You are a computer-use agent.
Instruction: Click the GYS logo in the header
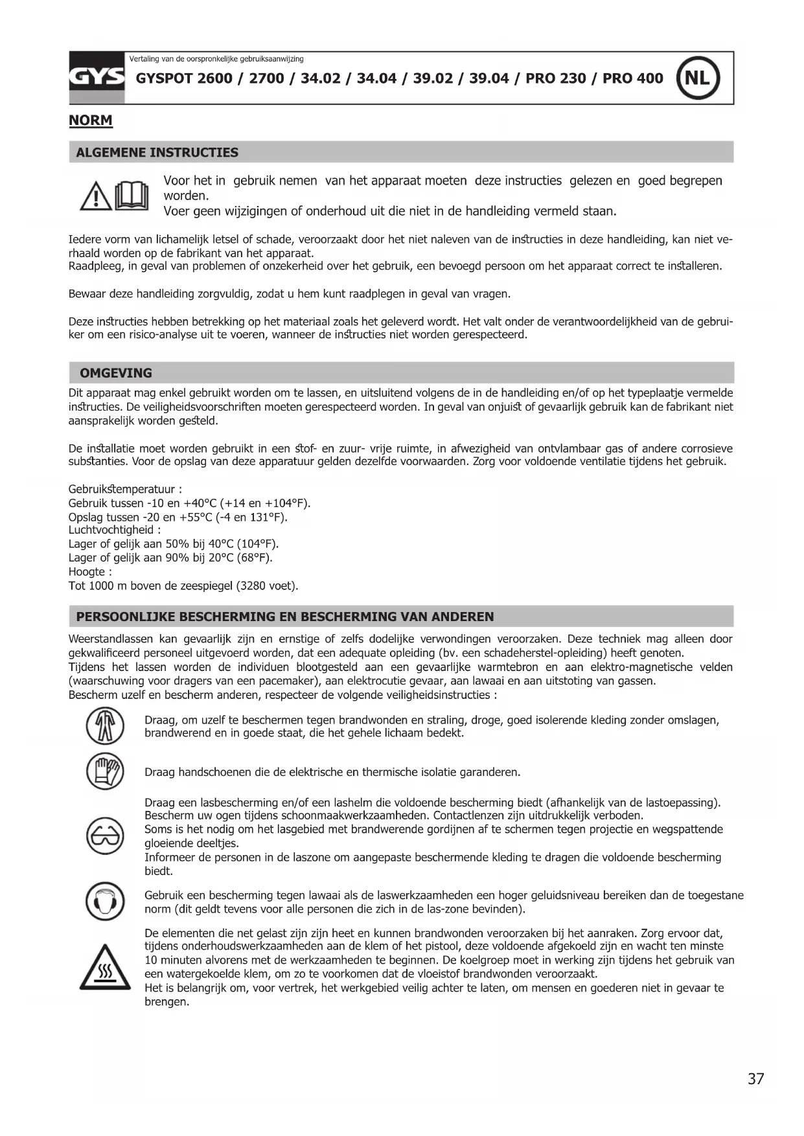click(x=97, y=78)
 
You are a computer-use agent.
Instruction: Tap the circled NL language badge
click(x=698, y=78)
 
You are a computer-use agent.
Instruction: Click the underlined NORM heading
click(x=91, y=120)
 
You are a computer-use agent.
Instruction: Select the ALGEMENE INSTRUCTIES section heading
click(x=157, y=153)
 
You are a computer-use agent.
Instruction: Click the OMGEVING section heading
click(x=116, y=373)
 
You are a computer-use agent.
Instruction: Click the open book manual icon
click(x=132, y=196)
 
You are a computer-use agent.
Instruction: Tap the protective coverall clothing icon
click(x=105, y=726)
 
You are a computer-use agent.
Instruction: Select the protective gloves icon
click(x=105, y=771)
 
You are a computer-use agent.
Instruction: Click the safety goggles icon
click(x=105, y=836)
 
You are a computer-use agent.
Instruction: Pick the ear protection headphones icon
click(x=105, y=901)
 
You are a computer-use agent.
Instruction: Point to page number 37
click(x=755, y=1079)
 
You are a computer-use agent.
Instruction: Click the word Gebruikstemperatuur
click(x=121, y=490)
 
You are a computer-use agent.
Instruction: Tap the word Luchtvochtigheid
click(x=111, y=530)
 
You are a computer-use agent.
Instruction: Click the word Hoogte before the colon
click(x=87, y=572)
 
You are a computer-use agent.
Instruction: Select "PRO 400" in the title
click(x=632, y=78)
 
